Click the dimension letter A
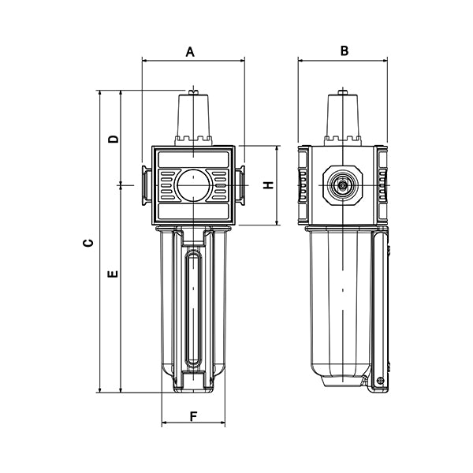click(190, 51)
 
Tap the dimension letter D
click(114, 139)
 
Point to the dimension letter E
click(113, 274)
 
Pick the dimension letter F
click(192, 415)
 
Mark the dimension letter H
click(268, 185)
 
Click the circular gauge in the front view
click(193, 186)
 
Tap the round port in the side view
click(343, 185)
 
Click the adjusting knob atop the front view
click(193, 117)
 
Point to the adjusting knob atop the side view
click(343, 117)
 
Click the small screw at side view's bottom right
click(381, 382)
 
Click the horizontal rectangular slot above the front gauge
click(193, 159)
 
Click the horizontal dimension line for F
click(193, 425)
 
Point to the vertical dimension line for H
click(278, 186)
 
